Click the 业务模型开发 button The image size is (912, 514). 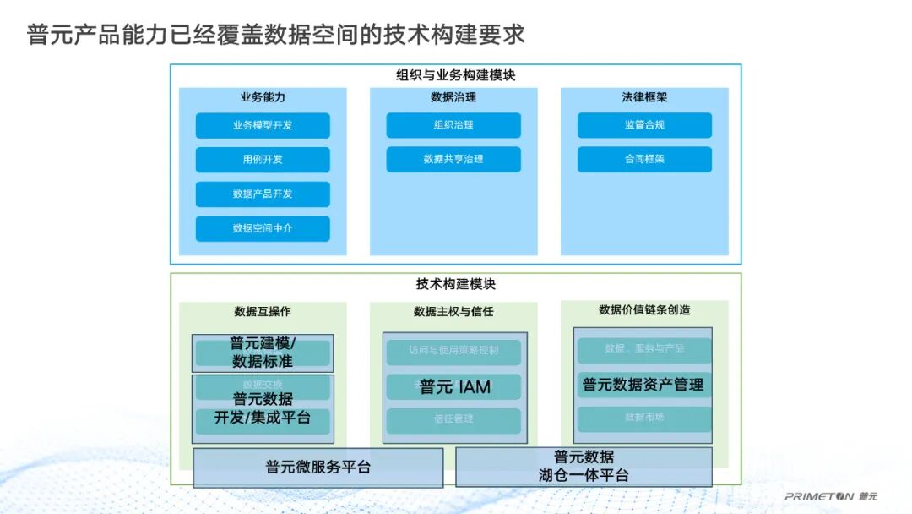point(263,125)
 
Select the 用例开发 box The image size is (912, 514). point(263,160)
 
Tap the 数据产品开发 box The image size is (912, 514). point(263,194)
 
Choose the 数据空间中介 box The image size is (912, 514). point(263,228)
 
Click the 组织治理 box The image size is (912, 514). point(453,125)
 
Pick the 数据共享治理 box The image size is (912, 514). point(453,159)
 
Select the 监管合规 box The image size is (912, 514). point(644,125)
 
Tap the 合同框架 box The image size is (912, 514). point(644,159)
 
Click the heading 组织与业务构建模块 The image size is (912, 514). point(456,75)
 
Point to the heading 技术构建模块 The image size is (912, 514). point(456,284)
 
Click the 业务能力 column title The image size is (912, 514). point(263,97)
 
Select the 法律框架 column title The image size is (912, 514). point(644,97)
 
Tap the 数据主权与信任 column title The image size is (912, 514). point(453,312)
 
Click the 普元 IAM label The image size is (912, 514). point(455,387)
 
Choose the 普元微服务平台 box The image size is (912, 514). point(318,468)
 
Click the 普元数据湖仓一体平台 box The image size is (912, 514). point(584,467)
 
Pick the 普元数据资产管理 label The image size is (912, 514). point(643,385)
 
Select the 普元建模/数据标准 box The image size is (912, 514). point(263,353)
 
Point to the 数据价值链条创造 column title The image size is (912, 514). point(644,310)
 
